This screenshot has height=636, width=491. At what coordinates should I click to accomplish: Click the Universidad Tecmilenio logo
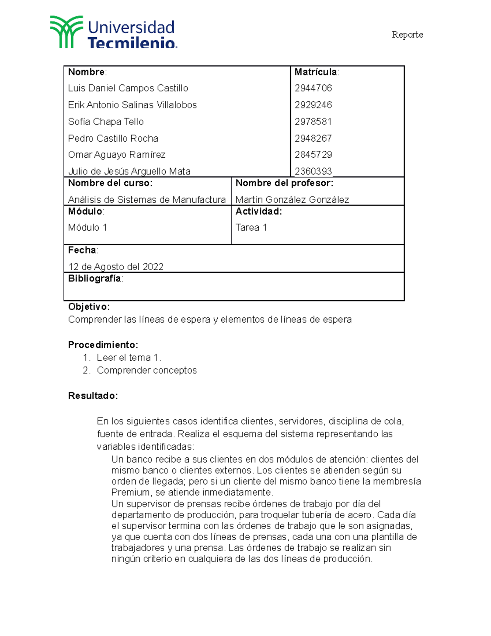tap(113, 33)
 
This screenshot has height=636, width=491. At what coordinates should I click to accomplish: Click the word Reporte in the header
tap(407, 35)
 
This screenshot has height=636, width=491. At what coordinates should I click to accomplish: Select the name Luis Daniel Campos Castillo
tap(128, 88)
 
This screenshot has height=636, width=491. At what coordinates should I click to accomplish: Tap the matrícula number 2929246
tap(313, 105)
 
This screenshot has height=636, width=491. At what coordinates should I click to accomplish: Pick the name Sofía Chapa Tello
tap(106, 122)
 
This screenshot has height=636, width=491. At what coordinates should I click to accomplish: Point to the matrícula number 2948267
tap(313, 138)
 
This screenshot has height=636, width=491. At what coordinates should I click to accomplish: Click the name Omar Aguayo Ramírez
tap(117, 155)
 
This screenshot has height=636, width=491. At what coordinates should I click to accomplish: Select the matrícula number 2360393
tap(313, 171)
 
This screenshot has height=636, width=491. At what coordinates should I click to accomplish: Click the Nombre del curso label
tap(110, 183)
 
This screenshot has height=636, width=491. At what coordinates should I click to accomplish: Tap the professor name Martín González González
tap(292, 200)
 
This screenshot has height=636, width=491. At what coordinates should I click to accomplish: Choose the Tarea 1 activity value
tap(251, 228)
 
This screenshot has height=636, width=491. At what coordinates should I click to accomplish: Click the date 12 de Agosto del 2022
tap(116, 267)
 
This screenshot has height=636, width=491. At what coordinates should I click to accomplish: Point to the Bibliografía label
tap(95, 278)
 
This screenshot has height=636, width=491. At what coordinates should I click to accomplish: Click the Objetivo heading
tap(89, 307)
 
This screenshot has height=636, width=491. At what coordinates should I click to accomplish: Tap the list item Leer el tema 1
tap(129, 358)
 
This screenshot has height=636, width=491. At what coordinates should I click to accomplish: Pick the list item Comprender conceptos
tap(146, 370)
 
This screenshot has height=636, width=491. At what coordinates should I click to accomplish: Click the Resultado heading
tap(93, 396)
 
